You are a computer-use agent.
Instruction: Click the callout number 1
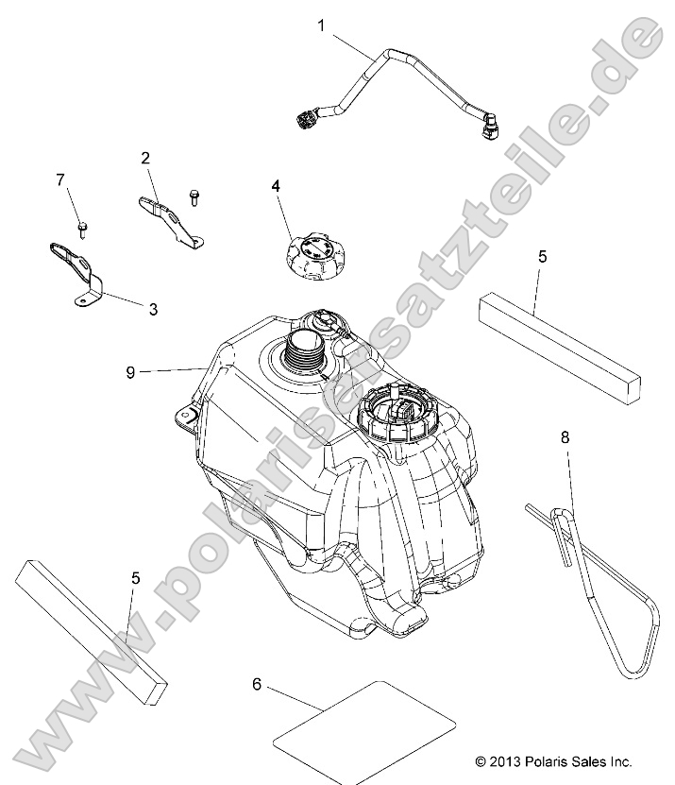coord(321,26)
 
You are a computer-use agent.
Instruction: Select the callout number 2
coord(145,158)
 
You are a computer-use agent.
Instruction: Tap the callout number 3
coord(153,310)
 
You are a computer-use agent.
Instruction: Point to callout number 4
coord(276,186)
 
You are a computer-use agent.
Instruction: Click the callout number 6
coord(257,684)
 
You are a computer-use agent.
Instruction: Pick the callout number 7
coord(60,179)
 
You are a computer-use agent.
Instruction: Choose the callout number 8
coord(565,437)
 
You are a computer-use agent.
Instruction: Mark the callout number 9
coord(130,372)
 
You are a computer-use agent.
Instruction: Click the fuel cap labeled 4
coord(314,256)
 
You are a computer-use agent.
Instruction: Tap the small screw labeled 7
coord(82,230)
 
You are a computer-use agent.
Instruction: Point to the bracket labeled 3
coord(76,273)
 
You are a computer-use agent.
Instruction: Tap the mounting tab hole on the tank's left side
coord(185,416)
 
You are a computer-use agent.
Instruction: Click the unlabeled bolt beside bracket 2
coord(194,197)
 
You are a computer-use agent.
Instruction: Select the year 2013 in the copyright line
coord(505,761)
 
